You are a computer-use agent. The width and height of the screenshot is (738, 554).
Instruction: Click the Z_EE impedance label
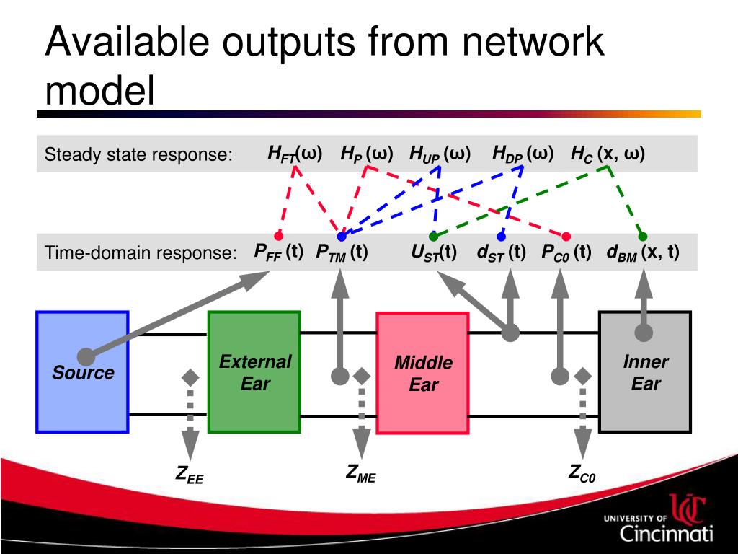pos(190,475)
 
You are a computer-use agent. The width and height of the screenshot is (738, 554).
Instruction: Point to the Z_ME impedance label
pos(360,474)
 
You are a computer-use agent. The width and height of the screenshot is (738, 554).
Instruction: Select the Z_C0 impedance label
pos(582,474)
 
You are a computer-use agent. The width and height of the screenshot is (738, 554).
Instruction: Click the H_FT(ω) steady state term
pos(295,154)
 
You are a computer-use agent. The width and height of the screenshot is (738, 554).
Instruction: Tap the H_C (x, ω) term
pos(608,154)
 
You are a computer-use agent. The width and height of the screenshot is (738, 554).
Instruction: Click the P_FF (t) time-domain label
pos(278,252)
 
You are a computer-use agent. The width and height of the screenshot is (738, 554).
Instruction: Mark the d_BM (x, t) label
pos(643,252)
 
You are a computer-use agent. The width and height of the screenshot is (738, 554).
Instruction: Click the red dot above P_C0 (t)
pos(566,236)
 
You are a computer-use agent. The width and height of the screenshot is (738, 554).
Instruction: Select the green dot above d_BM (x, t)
pos(643,236)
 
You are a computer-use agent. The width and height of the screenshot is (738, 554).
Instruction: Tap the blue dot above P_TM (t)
pos(342,236)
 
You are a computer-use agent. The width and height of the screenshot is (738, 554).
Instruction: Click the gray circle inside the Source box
pos(86,356)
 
